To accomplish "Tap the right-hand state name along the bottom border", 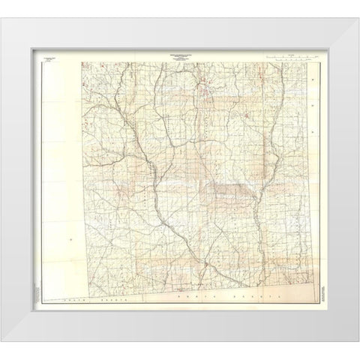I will click(230, 298).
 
